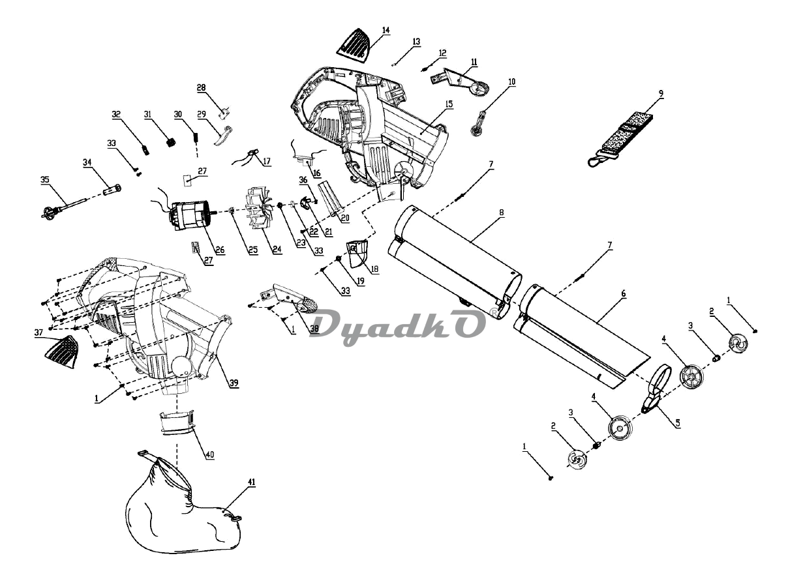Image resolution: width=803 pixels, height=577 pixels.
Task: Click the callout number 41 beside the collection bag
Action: pos(252,482)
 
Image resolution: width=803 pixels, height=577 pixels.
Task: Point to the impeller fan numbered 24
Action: pos(259,208)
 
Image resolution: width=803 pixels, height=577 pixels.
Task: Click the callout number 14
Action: pos(386,31)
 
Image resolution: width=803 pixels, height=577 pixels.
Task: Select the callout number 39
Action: pos(232,382)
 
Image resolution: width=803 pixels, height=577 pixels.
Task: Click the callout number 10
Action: pos(511,81)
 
